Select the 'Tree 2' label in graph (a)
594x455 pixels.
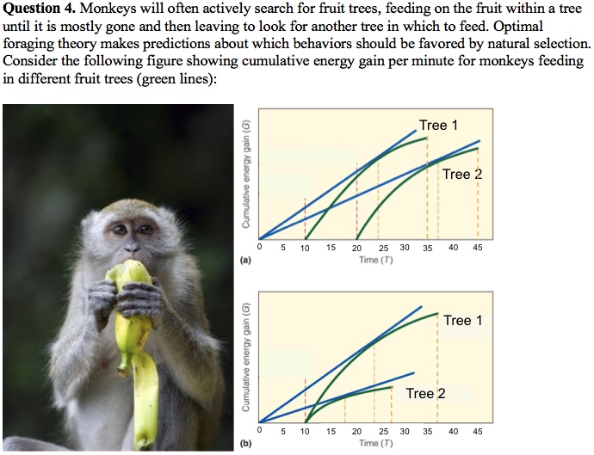tap(462, 175)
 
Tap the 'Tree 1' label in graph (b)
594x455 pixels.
tap(463, 321)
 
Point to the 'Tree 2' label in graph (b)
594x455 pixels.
tap(426, 393)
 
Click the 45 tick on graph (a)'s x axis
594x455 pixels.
tap(478, 248)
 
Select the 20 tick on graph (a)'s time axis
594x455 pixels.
tap(356, 248)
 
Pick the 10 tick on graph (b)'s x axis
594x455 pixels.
tap(305, 432)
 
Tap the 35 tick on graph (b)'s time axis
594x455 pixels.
tap(427, 432)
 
